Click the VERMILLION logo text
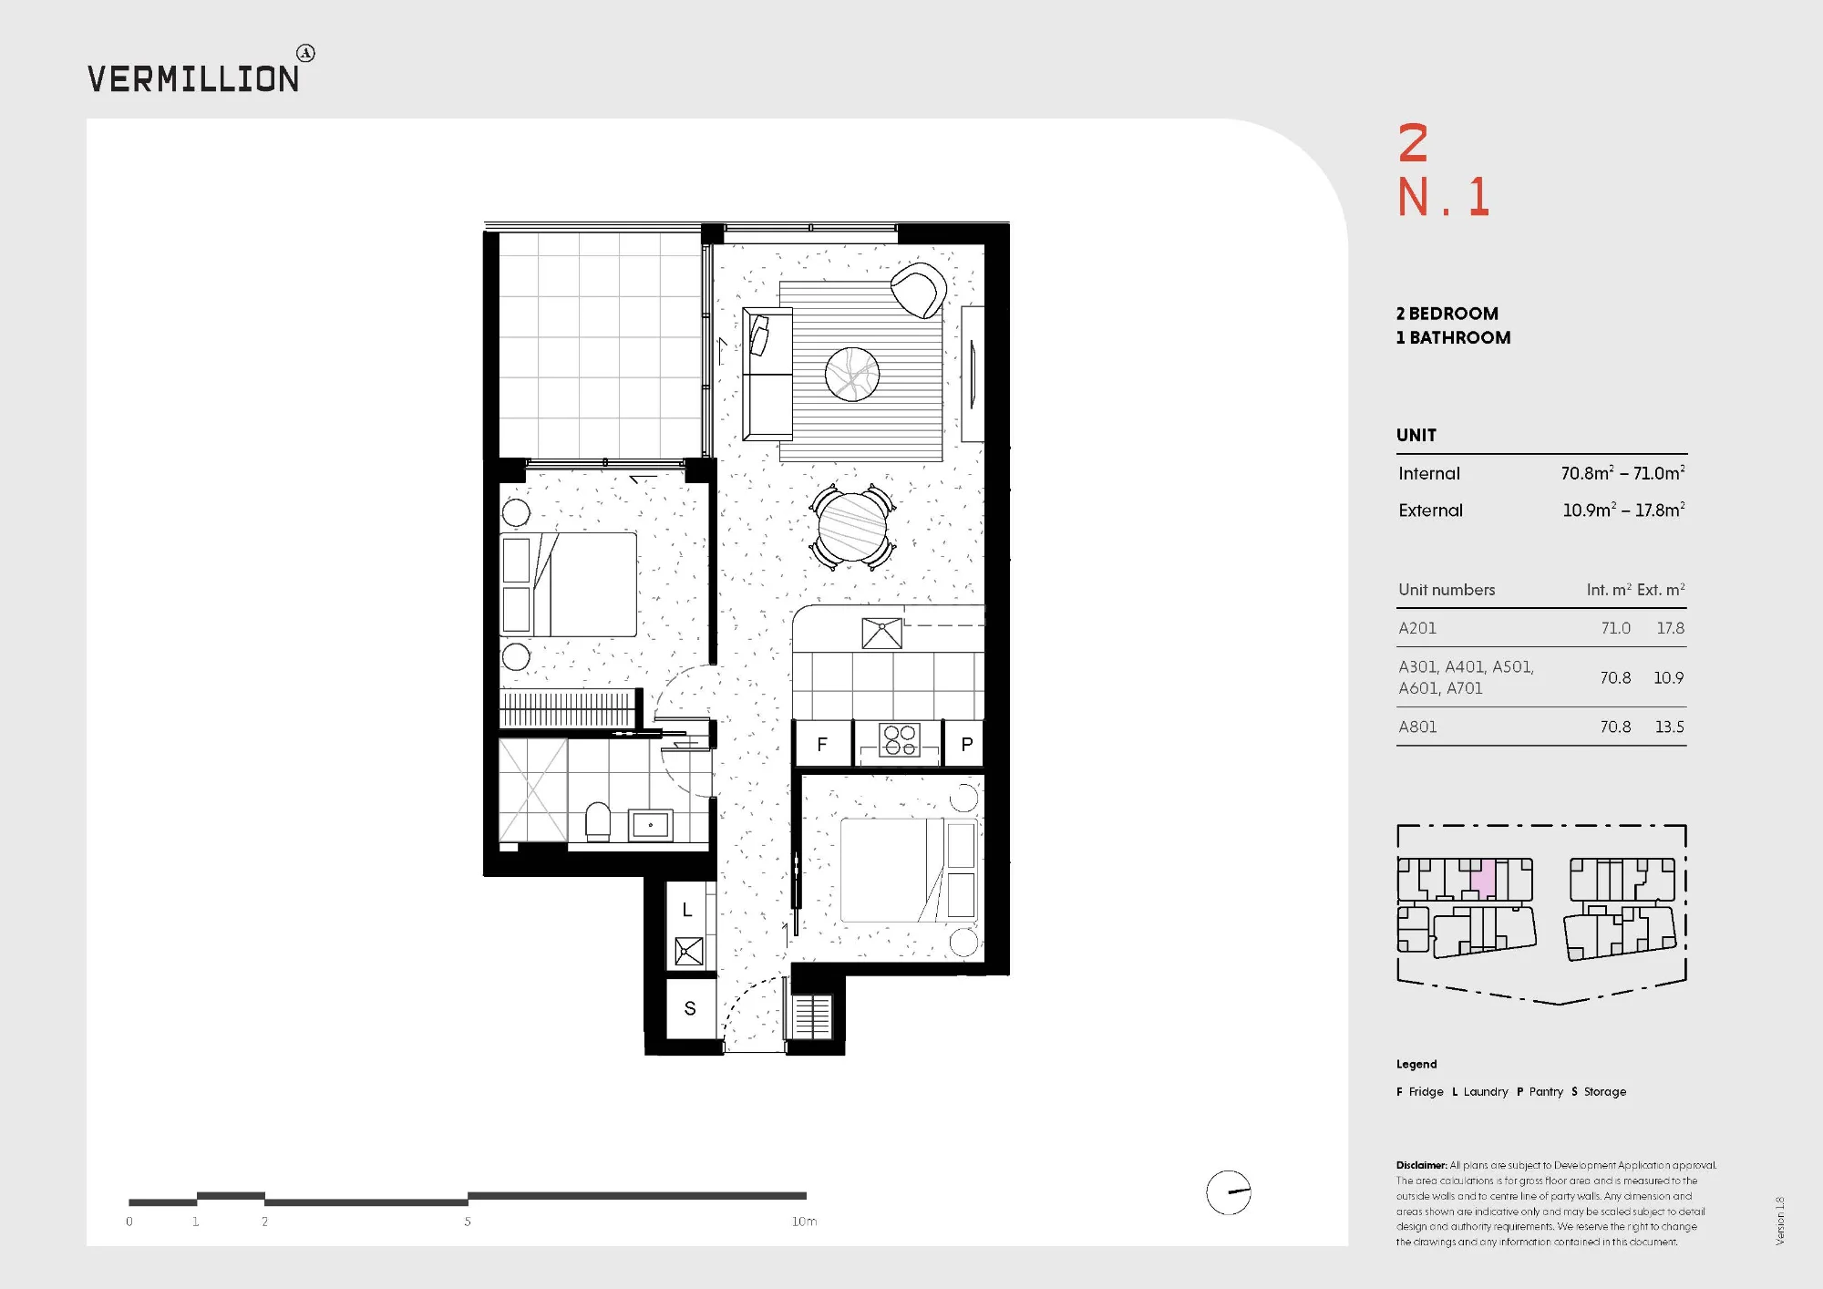point(193,78)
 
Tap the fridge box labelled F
point(823,744)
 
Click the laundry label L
point(687,910)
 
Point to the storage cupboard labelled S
point(690,1008)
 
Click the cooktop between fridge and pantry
point(900,740)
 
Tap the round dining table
point(852,527)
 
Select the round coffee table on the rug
point(852,374)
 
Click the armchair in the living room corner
point(919,290)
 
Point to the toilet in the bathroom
point(598,821)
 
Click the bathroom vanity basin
point(650,825)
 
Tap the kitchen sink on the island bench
point(881,633)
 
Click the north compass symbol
point(1229,1192)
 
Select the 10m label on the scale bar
point(804,1222)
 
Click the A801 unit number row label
point(1417,727)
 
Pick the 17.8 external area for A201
point(1670,628)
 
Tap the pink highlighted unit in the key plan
point(1484,879)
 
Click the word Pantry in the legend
point(1546,1091)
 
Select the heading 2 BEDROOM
point(1447,314)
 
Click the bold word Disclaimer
point(1421,1165)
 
